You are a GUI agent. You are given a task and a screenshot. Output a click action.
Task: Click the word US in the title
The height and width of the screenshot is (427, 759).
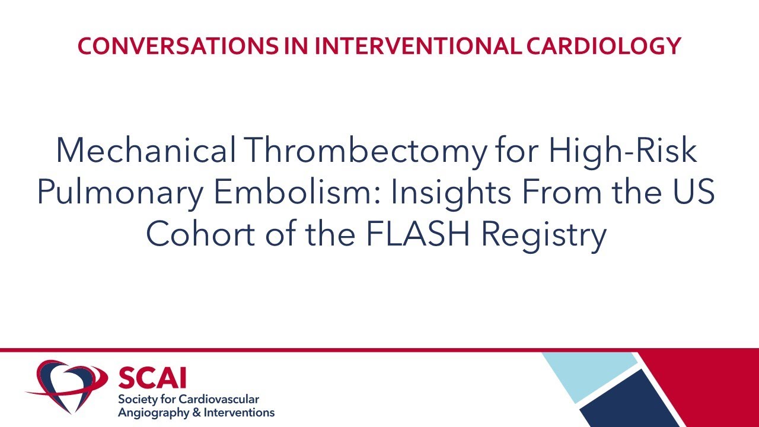pyautogui.click(x=694, y=194)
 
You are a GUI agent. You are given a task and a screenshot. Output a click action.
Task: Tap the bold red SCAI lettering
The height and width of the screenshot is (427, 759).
pyautogui.click(x=152, y=378)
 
